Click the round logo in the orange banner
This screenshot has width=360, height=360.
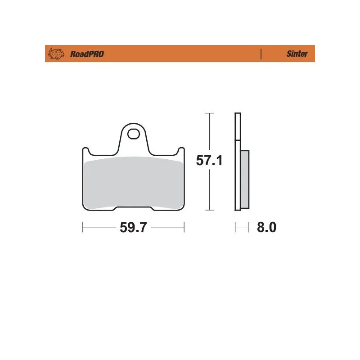(56, 54)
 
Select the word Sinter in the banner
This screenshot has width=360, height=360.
(297, 54)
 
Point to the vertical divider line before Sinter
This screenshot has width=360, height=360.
(261, 54)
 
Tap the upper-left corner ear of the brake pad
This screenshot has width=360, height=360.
(85, 151)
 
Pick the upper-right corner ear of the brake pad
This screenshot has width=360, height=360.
(181, 151)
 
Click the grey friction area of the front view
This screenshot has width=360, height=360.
(134, 182)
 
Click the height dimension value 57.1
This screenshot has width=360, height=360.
(209, 161)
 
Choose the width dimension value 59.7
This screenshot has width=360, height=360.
(133, 228)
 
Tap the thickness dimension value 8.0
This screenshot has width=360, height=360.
(266, 228)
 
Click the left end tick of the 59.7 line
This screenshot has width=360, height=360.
(83, 228)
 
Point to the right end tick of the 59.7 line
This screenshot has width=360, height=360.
(184, 228)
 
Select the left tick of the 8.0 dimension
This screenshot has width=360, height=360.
(235, 228)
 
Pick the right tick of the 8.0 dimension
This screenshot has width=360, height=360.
(248, 228)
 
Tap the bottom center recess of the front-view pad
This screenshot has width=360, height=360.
(134, 208)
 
